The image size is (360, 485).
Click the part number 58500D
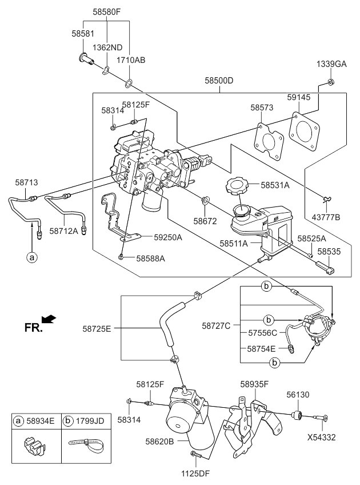(219, 81)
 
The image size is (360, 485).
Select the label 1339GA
(331, 64)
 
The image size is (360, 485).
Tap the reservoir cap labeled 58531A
(236, 186)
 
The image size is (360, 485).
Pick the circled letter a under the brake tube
(32, 257)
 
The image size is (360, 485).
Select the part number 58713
(26, 182)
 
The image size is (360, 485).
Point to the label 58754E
(261, 348)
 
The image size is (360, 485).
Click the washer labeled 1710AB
(131, 83)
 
